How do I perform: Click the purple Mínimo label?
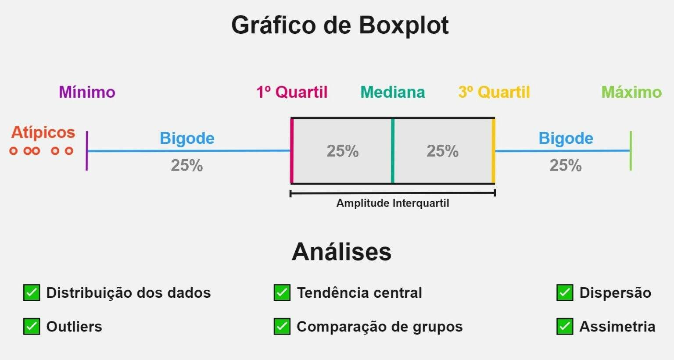coord(87,92)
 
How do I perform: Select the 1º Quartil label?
coord(292,92)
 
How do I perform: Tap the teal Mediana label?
coord(393,92)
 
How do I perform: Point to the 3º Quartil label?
coord(494,92)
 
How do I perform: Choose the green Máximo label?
coord(631,92)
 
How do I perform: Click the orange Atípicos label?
coord(43,132)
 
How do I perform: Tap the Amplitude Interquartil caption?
coord(393,203)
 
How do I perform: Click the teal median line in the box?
coord(393,151)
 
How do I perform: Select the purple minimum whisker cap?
coord(86,151)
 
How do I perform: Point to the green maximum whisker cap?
coord(631,151)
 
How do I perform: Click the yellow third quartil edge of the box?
coord(494,151)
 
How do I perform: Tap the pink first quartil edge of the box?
coord(292,151)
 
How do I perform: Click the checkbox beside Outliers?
coord(32,326)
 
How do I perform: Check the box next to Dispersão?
coord(565,292)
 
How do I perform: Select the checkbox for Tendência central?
coord(282,292)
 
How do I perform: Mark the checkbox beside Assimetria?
coord(565,326)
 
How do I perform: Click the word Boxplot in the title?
coord(404,25)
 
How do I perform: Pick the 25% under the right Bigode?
coord(566,165)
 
